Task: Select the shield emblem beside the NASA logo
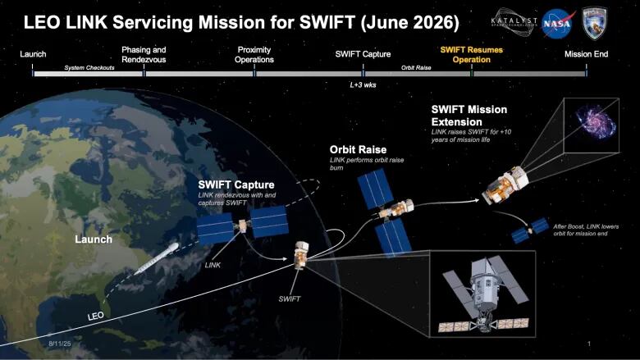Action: tap(594, 22)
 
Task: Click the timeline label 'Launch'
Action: tap(33, 54)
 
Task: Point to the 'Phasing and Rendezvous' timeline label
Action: tap(144, 54)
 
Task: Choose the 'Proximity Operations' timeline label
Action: tap(254, 54)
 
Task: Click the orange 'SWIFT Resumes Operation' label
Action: tap(472, 54)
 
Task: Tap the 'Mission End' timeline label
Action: tap(586, 54)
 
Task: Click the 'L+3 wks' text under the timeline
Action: tap(363, 84)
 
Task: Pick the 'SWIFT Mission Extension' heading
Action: tap(469, 116)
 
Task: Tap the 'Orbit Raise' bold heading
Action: tap(358, 149)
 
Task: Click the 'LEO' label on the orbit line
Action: tap(95, 316)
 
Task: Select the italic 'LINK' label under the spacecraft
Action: tap(213, 264)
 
